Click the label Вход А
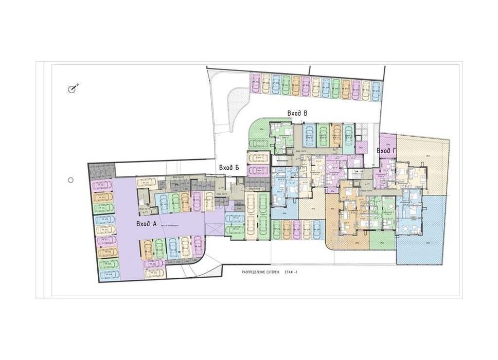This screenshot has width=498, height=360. click(x=147, y=224)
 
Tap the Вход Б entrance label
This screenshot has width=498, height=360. click(x=229, y=168)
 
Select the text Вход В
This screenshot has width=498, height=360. click(x=297, y=113)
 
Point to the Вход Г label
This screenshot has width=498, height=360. click(x=386, y=151)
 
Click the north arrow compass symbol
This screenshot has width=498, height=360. click(x=74, y=89)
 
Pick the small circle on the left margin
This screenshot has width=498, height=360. click(x=71, y=180)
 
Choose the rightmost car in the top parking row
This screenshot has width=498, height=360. click(x=377, y=88)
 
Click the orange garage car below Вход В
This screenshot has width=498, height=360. click(x=336, y=133)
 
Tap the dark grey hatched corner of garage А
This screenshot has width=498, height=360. click(x=102, y=169)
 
